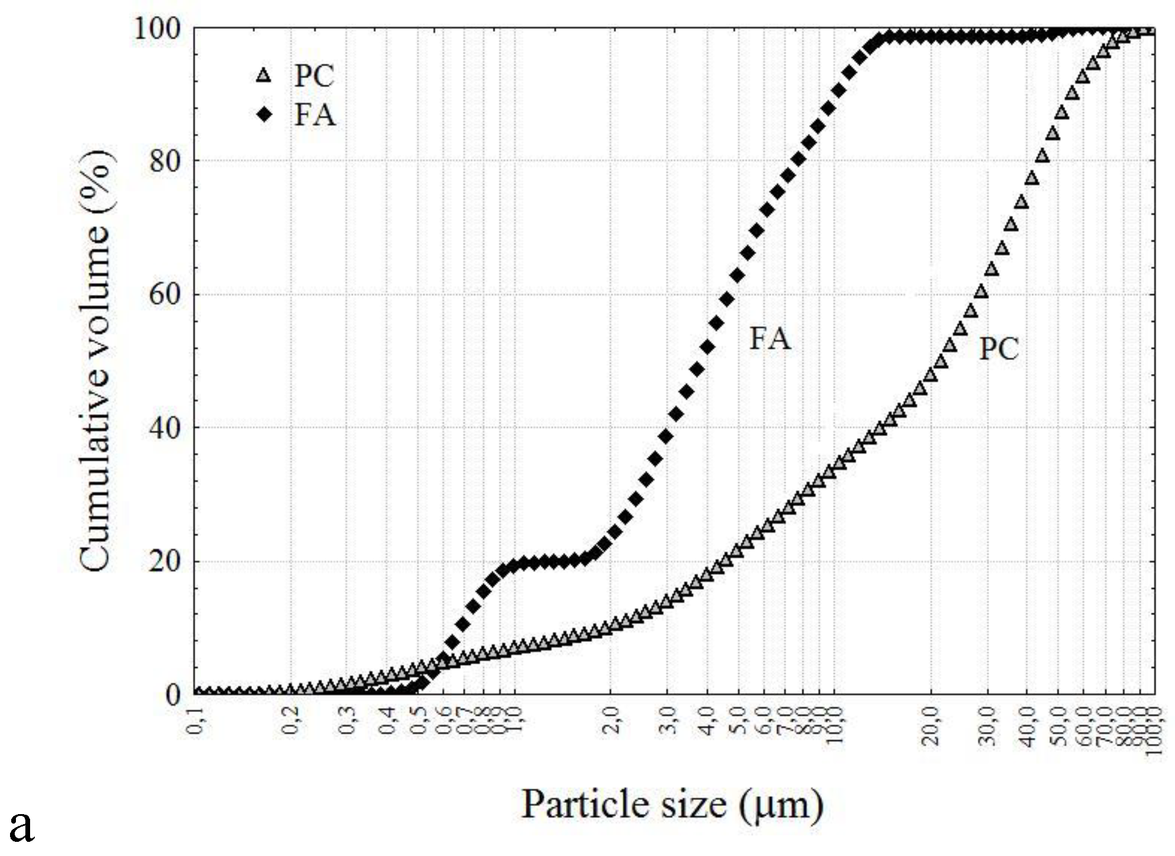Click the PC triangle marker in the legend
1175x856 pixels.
[x=264, y=76]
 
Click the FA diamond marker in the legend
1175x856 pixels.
[x=264, y=114]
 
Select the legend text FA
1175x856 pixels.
[x=315, y=114]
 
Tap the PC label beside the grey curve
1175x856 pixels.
[x=999, y=349]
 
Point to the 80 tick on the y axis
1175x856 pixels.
[x=164, y=161]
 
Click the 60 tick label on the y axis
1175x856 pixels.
[x=164, y=294]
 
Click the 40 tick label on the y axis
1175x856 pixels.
[x=164, y=427]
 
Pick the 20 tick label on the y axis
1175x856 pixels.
[x=164, y=560]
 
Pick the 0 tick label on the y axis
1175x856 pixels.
[x=172, y=694]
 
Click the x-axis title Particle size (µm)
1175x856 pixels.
[x=672, y=805]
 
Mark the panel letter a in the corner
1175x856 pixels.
[x=22, y=826]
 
